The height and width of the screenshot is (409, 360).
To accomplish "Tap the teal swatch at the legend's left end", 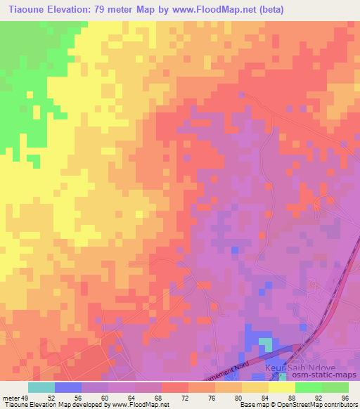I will [x=41, y=387].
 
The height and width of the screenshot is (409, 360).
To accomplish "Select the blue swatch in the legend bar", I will [x=68, y=387].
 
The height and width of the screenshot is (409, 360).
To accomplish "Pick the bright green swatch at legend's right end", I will [x=335, y=387].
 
